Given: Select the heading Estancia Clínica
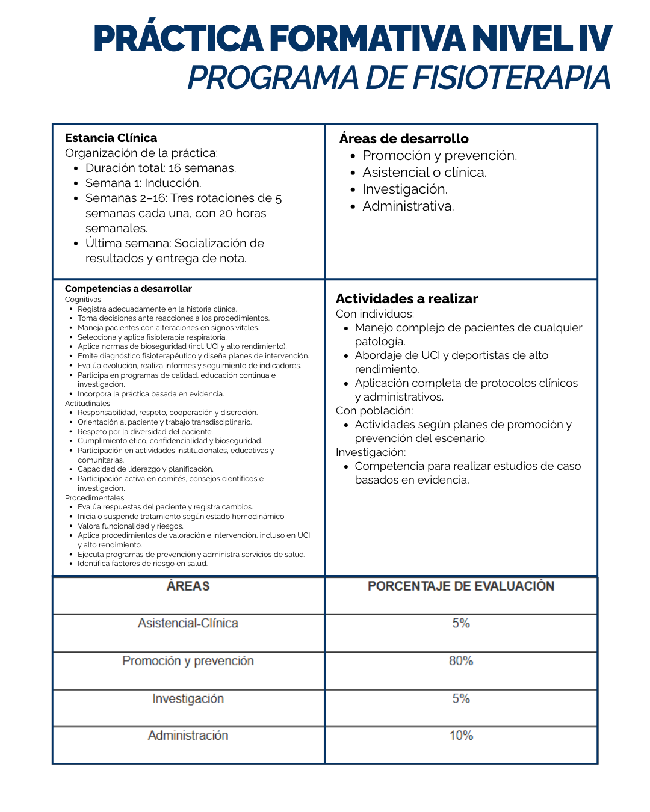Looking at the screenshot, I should [111, 138].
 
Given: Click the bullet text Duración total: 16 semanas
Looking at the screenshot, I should [161, 168].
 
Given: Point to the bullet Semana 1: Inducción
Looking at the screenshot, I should [143, 183].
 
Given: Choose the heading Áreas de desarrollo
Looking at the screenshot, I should [404, 138].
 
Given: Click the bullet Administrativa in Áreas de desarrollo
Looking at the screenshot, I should [408, 206].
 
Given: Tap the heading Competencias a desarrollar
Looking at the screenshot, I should [128, 289].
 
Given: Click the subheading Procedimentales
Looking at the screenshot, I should [94, 497].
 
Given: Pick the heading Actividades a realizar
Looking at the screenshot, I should [407, 298].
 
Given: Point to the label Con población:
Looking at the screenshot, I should [374, 411].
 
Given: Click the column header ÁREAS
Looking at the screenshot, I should [188, 586].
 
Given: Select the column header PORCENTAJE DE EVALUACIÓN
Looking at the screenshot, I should [461, 586].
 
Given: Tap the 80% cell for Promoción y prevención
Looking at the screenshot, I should [461, 660].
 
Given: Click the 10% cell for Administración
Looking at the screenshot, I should [461, 735].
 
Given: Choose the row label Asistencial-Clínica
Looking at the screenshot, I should [188, 623].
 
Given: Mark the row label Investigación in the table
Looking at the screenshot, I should [188, 698].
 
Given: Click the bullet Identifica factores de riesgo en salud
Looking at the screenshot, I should [143, 564].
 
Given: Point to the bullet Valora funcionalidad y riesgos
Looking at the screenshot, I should [131, 526].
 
